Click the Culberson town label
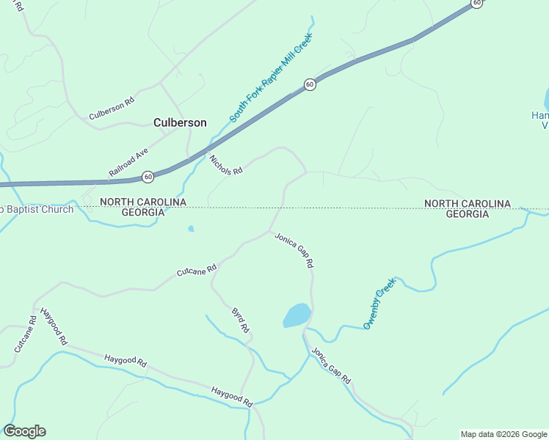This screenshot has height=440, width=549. click(180, 123)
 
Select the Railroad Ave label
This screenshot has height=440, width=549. click(128, 162)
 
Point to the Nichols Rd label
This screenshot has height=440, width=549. click(225, 165)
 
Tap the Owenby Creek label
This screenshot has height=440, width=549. click(379, 303)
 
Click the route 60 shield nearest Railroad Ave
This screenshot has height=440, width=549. click(148, 177)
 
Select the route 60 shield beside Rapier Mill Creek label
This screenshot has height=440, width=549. click(310, 84)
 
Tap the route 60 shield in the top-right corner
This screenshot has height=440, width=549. click(477, 3)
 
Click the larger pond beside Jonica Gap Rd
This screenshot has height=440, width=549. click(297, 315)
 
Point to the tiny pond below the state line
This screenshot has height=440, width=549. click(191, 229)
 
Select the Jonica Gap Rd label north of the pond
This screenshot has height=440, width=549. click(294, 249)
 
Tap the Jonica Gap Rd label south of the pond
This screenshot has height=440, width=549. click(330, 365)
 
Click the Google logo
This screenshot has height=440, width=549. click(24, 431)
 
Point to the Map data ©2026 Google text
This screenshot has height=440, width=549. click(503, 434)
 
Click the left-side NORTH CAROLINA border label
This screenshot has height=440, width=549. click(143, 202)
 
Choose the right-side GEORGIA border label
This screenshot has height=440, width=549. click(468, 214)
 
